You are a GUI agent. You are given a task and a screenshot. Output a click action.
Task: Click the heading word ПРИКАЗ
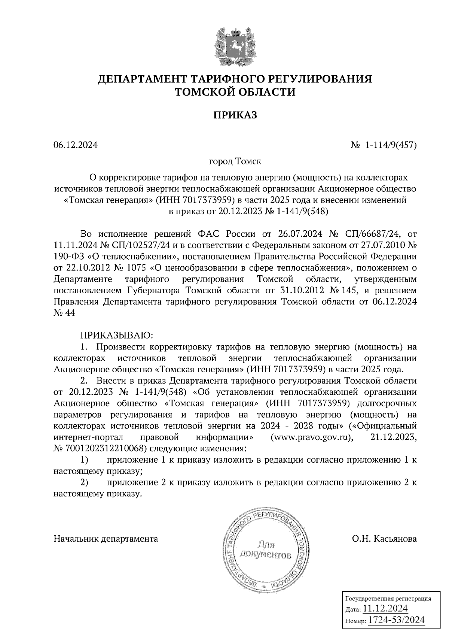click(235, 115)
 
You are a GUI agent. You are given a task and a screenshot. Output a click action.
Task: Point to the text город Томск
click(235, 162)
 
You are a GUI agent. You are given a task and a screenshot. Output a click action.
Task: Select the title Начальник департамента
click(106, 539)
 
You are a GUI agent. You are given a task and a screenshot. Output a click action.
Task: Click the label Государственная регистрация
click(387, 599)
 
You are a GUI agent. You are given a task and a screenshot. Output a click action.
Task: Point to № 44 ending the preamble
click(64, 313)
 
